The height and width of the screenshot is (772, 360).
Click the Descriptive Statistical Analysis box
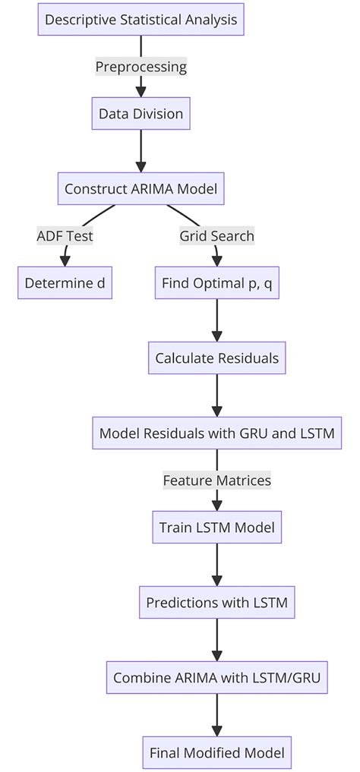[141, 20]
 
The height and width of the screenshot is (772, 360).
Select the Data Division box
[141, 114]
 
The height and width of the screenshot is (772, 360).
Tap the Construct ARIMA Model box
[141, 189]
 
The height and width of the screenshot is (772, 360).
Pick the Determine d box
[65, 283]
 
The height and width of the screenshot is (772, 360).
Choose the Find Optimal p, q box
[216, 283]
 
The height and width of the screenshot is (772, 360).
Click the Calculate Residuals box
[216, 358]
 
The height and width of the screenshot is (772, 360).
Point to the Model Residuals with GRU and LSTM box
[216, 433]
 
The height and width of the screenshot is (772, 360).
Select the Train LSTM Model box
[216, 527]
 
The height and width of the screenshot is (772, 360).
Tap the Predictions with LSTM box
[216, 603]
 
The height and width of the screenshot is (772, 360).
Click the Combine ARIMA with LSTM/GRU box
[216, 678]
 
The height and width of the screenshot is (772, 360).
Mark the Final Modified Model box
[216, 753]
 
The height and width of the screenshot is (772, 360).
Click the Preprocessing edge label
[141, 67]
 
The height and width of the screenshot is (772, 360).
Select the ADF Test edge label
[65, 236]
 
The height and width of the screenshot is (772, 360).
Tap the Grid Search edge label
[216, 236]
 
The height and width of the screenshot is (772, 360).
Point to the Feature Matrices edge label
[216, 481]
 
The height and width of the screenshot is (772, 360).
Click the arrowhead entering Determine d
[64, 260]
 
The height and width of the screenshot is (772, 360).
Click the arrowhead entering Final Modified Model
[216, 730]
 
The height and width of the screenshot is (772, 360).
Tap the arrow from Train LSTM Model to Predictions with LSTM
[216, 563]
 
